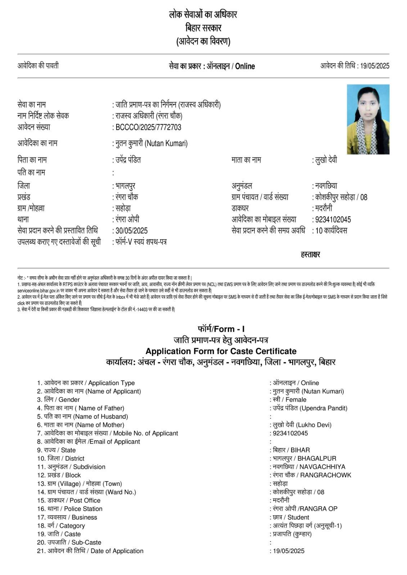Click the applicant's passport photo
coord(368,119)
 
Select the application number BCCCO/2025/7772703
coord(148,127)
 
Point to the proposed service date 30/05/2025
coord(131,231)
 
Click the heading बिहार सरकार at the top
coord(203,28)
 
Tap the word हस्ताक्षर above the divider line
coord(310,254)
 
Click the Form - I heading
coord(221,329)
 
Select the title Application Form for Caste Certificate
coord(221,351)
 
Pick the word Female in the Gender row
coord(295,400)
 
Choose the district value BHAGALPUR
coord(317,459)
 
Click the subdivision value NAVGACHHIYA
coord(322,467)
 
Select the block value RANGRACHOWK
coord(325,475)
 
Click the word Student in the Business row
coord(298,517)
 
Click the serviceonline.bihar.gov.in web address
coord(39,290)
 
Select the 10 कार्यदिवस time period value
coord(331,231)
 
